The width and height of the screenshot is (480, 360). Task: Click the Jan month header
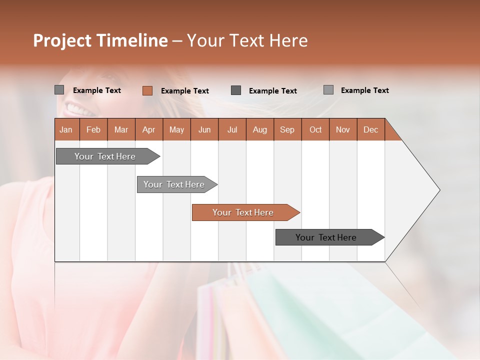[x=66, y=129]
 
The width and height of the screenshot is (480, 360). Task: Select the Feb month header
[x=93, y=129]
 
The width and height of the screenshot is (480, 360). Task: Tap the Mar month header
[x=121, y=129]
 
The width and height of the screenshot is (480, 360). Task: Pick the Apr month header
[x=149, y=129]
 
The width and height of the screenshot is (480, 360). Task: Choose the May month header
[x=176, y=129]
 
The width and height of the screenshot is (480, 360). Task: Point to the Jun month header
[x=204, y=129]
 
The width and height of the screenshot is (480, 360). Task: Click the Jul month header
[x=232, y=129]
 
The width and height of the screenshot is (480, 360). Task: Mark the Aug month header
[x=260, y=129]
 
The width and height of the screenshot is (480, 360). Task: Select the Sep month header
[x=287, y=129]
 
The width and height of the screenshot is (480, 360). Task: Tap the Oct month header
[x=315, y=129]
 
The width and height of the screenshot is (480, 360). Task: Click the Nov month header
[x=343, y=129]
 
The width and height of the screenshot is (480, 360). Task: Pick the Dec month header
[x=371, y=129]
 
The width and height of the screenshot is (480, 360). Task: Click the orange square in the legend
[x=147, y=90]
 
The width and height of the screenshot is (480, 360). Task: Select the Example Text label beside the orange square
[x=185, y=91]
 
